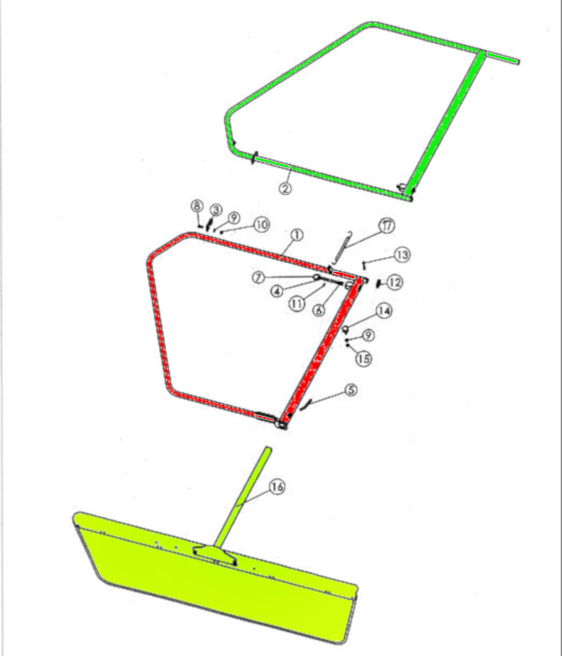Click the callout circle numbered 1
click(297, 235)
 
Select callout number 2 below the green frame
click(285, 188)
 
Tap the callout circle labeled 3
click(216, 210)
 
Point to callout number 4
click(277, 291)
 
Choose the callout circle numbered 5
click(351, 390)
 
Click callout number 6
click(319, 310)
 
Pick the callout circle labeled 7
click(259, 277)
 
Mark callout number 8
click(197, 206)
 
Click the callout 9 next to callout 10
click(234, 218)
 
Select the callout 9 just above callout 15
click(261, 225)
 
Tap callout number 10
click(297, 303)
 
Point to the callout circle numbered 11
click(395, 282)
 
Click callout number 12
click(402, 255)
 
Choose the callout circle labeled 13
click(383, 311)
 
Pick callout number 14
click(364, 359)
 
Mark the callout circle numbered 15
click(277, 487)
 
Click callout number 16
click(387, 226)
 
